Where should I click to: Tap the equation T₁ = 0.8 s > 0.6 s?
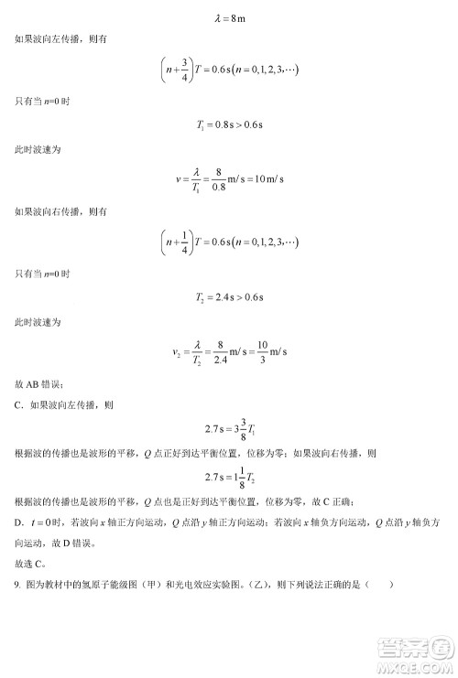(229, 124)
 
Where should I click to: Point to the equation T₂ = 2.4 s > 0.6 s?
(229, 295)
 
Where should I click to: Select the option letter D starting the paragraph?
(19, 522)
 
